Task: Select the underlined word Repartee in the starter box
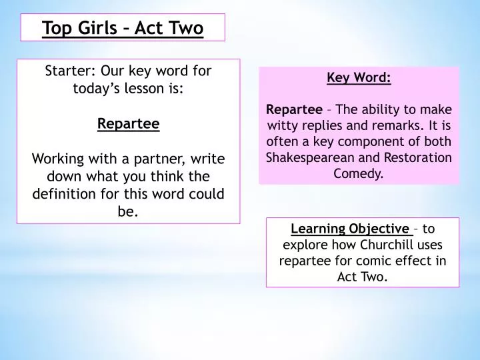coord(129,123)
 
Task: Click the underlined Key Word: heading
coord(359,77)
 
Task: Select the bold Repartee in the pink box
coord(294,109)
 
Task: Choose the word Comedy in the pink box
coord(359,174)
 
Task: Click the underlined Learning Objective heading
coord(351,229)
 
